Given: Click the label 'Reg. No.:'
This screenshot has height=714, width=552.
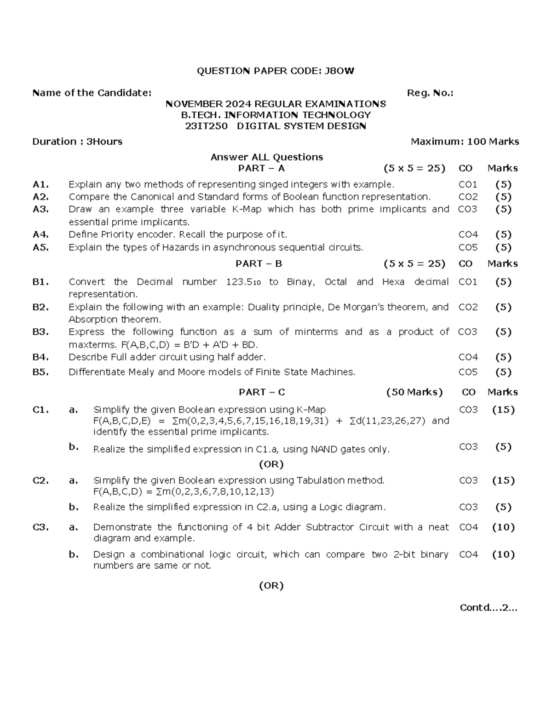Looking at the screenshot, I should pos(430,93).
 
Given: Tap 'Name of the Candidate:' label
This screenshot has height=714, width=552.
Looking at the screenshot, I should pos(92,93).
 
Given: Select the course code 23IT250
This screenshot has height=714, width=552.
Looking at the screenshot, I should pos(206,126).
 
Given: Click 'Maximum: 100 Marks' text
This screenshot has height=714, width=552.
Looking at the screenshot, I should pos(465,142).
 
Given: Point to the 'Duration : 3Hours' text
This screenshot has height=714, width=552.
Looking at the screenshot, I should pos(77,142).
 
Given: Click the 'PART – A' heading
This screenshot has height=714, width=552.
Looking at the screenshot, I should pos(261,168).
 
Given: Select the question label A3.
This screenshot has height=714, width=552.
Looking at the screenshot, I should pos(40,209).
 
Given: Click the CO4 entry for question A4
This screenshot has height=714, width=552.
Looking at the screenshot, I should pos(468,234).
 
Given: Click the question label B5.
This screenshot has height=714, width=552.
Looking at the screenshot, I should pos(40,372).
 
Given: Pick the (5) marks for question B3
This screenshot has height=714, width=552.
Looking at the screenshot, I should pos(503,332).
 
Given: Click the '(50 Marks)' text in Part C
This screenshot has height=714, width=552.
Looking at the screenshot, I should pos(414,392).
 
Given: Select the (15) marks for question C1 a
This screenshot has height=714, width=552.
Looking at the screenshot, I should pos(503,410).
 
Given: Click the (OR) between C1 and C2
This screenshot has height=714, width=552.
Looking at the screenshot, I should pos(271,464).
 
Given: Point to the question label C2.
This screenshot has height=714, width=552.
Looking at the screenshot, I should pos(40,481).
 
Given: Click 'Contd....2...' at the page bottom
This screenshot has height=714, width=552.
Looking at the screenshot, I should pos(489,608).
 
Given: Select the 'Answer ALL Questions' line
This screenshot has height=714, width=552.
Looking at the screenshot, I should pos(267,157).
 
